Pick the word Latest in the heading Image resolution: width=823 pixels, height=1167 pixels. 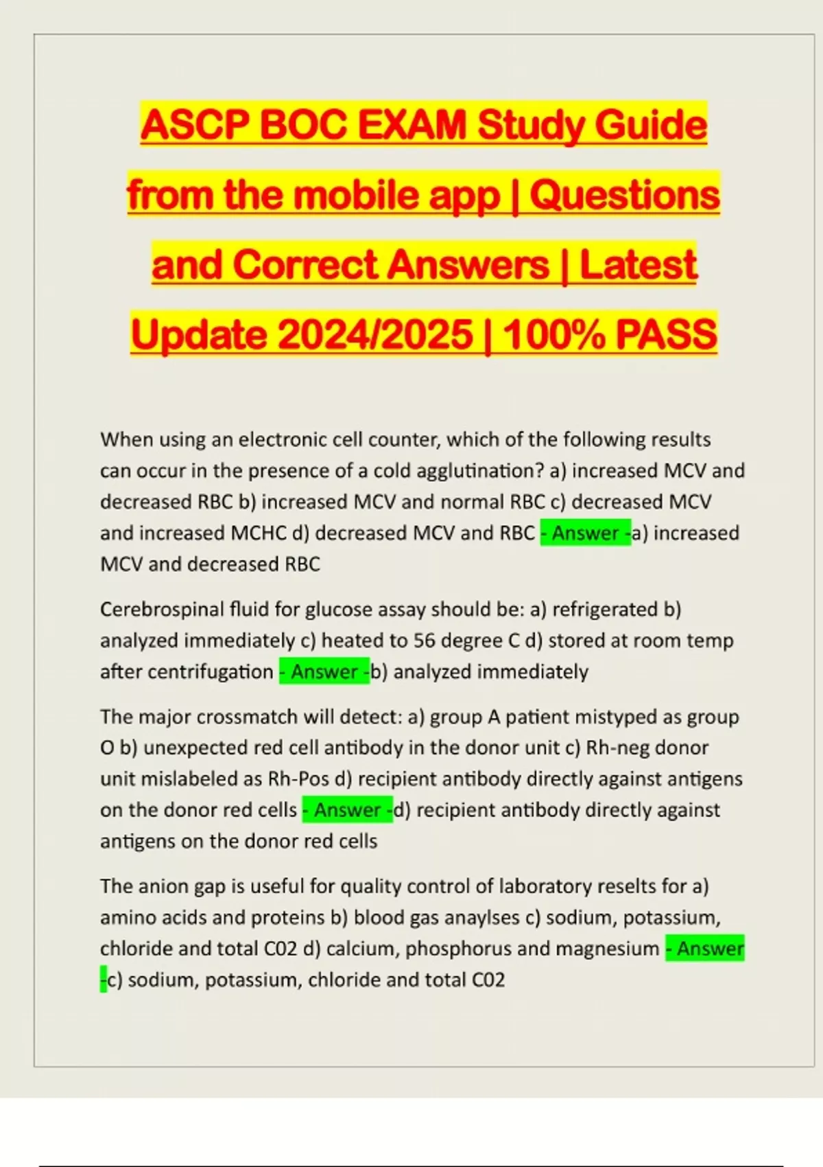pos(639,265)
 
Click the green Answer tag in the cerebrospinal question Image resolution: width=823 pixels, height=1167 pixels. pos(324,671)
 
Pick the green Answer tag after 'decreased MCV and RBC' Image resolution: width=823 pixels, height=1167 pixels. pos(585,533)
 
